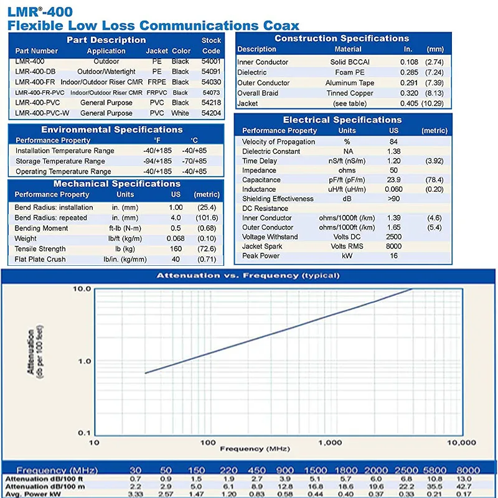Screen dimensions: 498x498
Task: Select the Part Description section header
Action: pyautogui.click(x=106, y=40)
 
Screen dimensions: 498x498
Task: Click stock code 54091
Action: pyautogui.click(x=212, y=72)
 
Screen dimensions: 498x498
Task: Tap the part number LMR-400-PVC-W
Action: pyautogui.click(x=42, y=113)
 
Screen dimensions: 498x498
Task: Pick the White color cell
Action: pyautogui.click(x=181, y=113)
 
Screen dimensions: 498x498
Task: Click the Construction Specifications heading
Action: pyautogui.click(x=342, y=39)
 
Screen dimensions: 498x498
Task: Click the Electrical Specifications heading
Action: pyautogui.click(x=342, y=120)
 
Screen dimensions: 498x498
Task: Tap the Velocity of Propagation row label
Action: pyautogui.click(x=278, y=142)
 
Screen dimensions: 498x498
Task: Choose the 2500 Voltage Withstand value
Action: pyautogui.click(x=393, y=237)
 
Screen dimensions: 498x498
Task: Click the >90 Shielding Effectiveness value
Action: pyautogui.click(x=393, y=199)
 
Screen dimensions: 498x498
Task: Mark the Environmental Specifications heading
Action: pyautogui.click(x=112, y=129)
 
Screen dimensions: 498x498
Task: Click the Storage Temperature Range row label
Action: pyautogui.click(x=60, y=161)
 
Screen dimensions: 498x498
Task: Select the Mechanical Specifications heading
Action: pyautogui.click(x=117, y=184)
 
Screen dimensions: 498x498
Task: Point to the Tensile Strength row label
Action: pyautogui.click(x=40, y=249)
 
